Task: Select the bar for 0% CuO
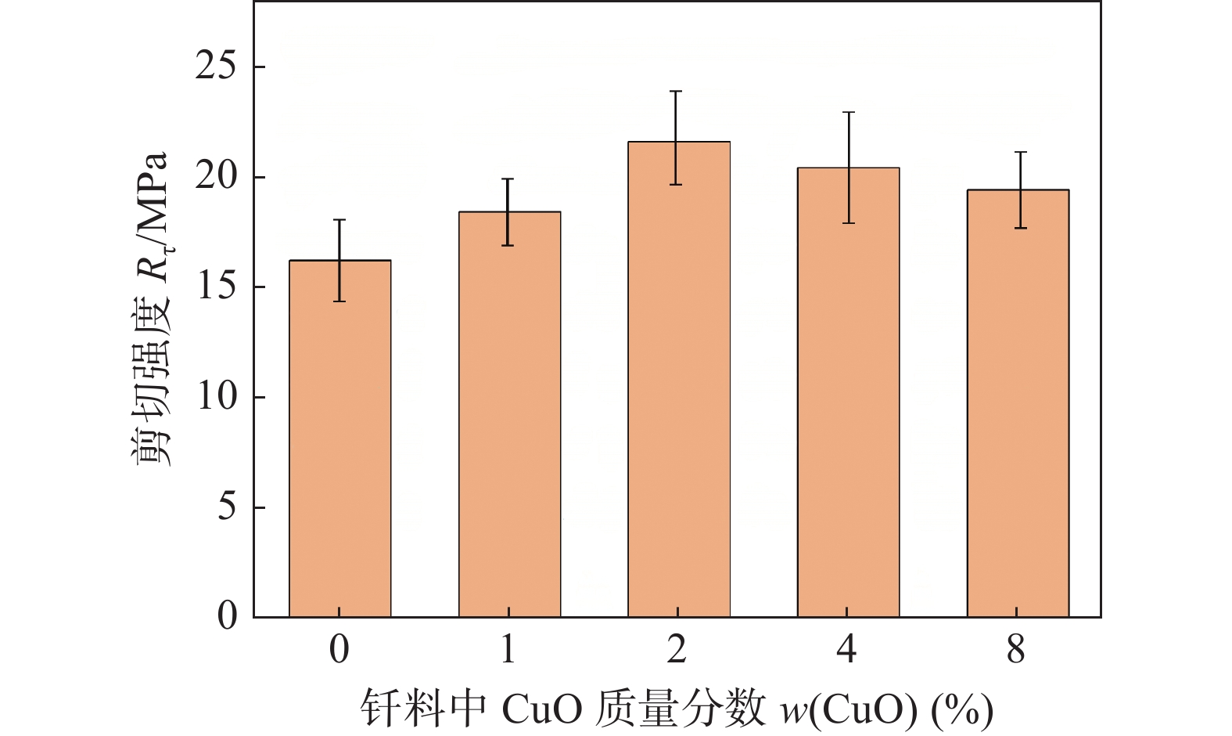pyautogui.click(x=339, y=438)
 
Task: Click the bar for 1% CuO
pyautogui.click(x=509, y=415)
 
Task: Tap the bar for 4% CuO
pyautogui.click(x=848, y=391)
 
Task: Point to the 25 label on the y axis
pyautogui.click(x=216, y=67)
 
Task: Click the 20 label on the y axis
pyautogui.click(x=216, y=177)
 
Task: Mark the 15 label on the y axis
pyautogui.click(x=216, y=287)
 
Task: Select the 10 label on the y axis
pyautogui.click(x=216, y=397)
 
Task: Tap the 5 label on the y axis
pyautogui.click(x=226, y=507)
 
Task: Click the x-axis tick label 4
pyautogui.click(x=847, y=649)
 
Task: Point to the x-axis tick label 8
pyautogui.click(x=1016, y=649)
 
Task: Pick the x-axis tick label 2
pyautogui.click(x=677, y=649)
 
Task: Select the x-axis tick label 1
pyautogui.click(x=508, y=649)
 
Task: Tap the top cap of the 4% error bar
pyautogui.click(x=848, y=113)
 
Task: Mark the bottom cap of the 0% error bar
pyautogui.click(x=339, y=301)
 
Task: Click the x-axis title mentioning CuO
pyautogui.click(x=677, y=709)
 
